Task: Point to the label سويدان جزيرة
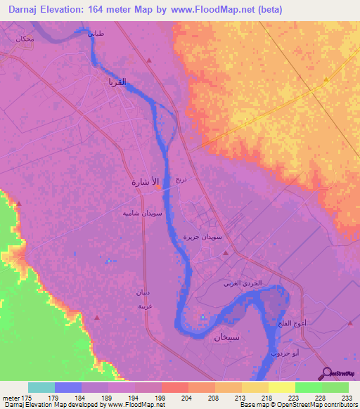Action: coord(203,238)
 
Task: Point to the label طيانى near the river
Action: coord(94,33)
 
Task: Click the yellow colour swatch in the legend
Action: coord(281,387)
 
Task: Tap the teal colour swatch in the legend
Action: coord(41,387)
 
